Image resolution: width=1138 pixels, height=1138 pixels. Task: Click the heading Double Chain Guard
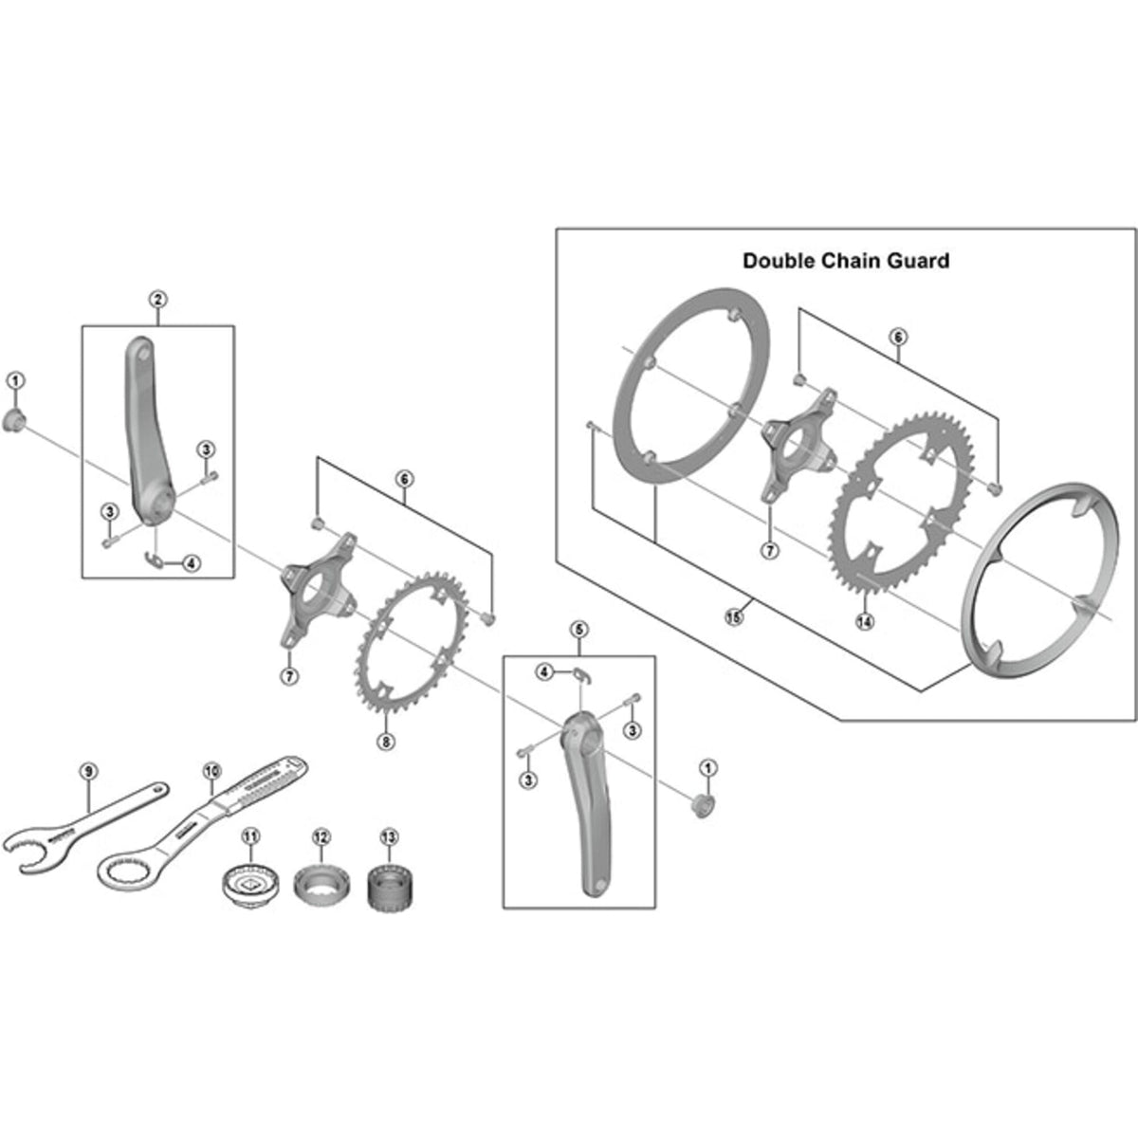coord(845,261)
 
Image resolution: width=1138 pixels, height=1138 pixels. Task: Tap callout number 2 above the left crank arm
coord(157,300)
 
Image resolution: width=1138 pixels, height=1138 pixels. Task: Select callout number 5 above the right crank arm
coord(580,629)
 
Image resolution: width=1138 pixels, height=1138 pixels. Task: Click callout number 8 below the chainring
coord(385,742)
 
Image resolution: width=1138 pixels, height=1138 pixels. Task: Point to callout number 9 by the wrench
coord(87,772)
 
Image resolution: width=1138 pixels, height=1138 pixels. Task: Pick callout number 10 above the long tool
coord(210,772)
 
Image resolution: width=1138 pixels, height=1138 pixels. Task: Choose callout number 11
coord(249,835)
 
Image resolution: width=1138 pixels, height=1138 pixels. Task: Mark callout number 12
coord(321,836)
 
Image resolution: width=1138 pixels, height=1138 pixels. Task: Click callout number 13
coord(389,836)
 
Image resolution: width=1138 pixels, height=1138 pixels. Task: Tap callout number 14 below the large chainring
coord(865,622)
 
